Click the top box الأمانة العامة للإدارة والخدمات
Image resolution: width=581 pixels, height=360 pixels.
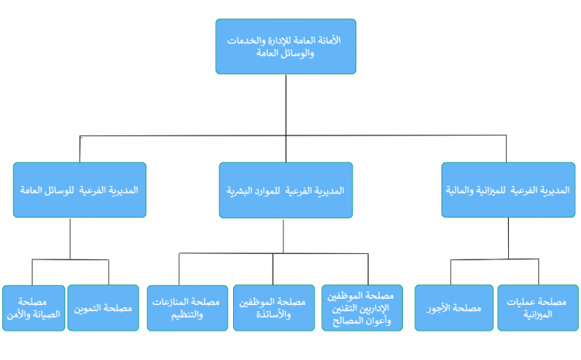click(286, 46)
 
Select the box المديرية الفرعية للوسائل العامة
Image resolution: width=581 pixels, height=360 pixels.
click(80, 190)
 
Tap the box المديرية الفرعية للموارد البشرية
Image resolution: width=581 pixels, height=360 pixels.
click(286, 190)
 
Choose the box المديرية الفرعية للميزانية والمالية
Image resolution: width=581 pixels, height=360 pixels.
click(508, 190)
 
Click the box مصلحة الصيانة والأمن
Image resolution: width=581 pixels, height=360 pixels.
click(34, 308)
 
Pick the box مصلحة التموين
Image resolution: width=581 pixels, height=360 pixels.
click(103, 308)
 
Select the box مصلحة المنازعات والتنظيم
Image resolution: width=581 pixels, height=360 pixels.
click(187, 308)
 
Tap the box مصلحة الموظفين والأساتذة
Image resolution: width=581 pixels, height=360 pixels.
click(273, 308)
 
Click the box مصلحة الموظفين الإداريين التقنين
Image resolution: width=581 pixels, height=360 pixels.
click(362, 308)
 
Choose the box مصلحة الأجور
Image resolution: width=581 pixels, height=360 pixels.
click(454, 308)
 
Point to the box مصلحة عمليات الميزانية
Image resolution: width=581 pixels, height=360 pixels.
click(538, 308)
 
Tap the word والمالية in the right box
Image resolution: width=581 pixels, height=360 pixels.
click(460, 190)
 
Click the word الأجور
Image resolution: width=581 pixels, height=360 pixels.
click(438, 308)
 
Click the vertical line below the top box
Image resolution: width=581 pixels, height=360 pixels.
click(286, 118)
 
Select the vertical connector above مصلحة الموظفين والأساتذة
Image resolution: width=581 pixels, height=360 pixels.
click(273, 269)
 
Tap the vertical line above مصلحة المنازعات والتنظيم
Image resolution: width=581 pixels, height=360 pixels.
click(179, 269)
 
